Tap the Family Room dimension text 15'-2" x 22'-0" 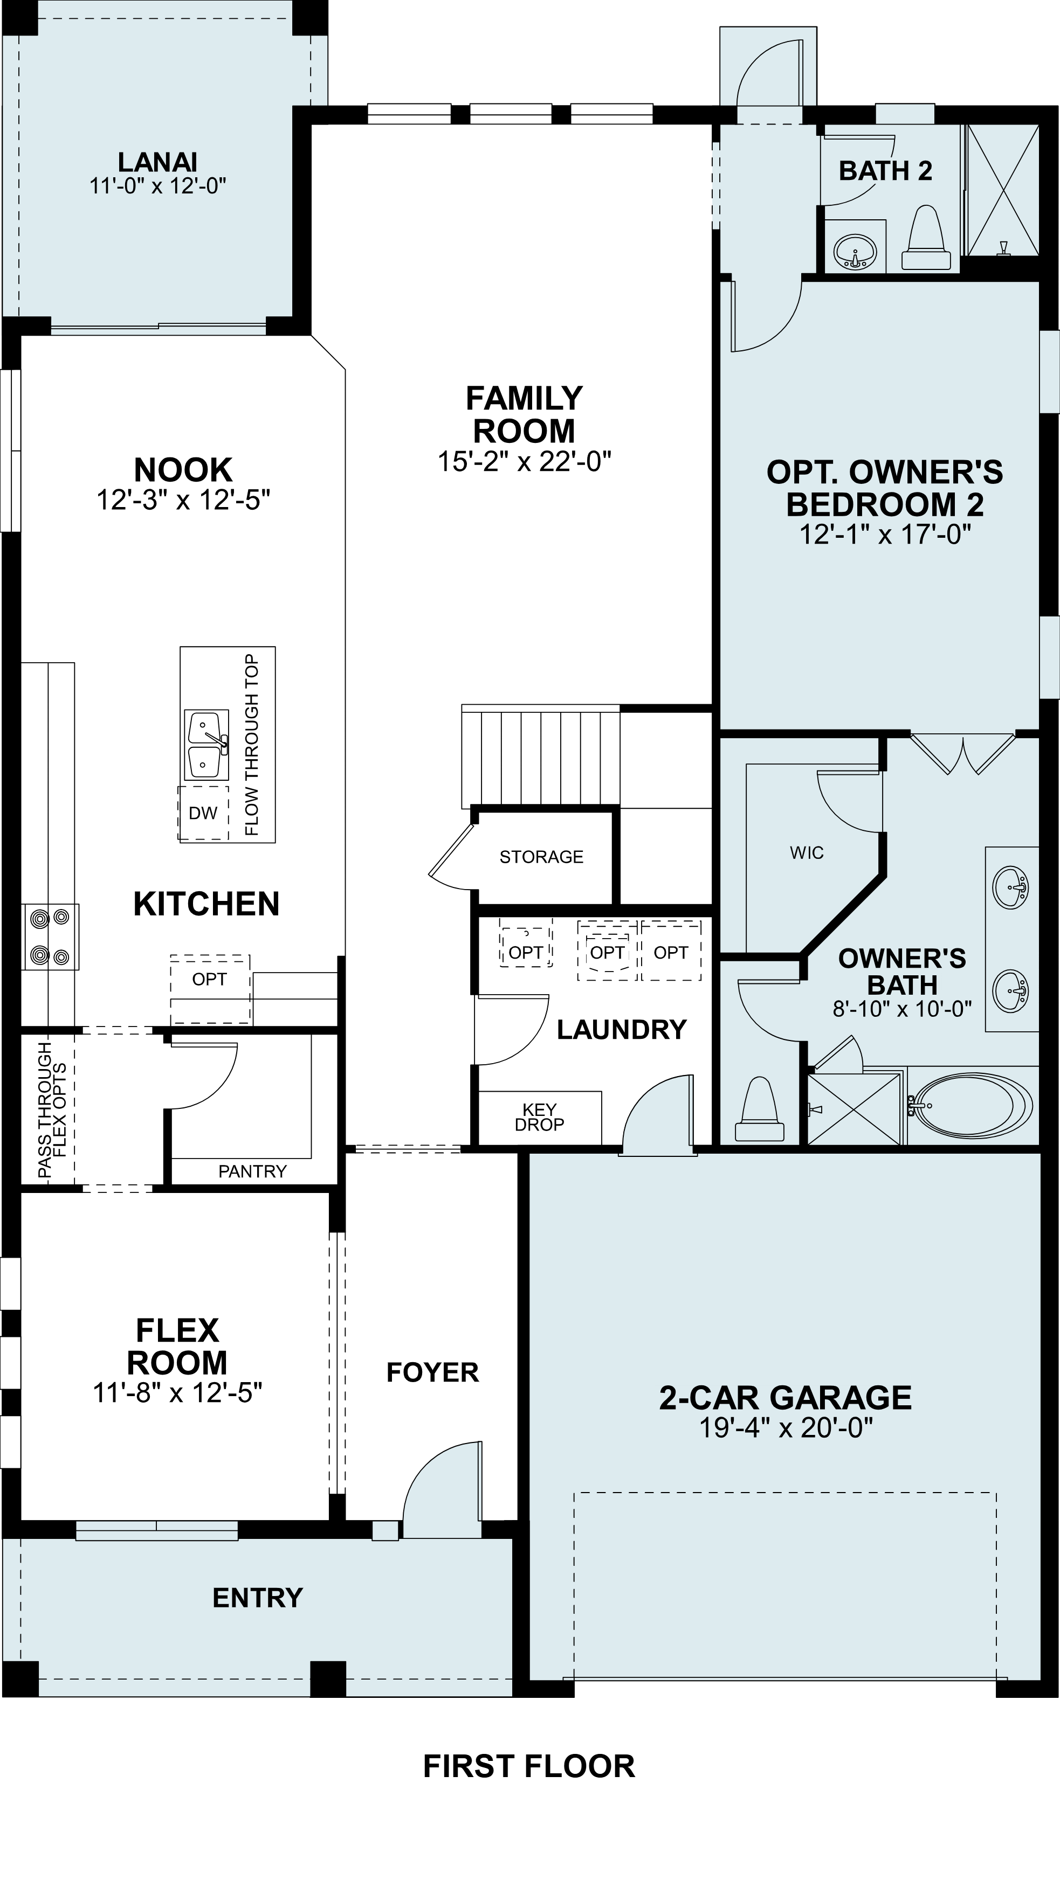tap(524, 462)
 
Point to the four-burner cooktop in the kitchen tap(50, 936)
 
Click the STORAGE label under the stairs tap(541, 857)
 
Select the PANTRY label tap(252, 1171)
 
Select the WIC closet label tap(806, 852)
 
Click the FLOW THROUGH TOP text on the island tap(252, 745)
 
